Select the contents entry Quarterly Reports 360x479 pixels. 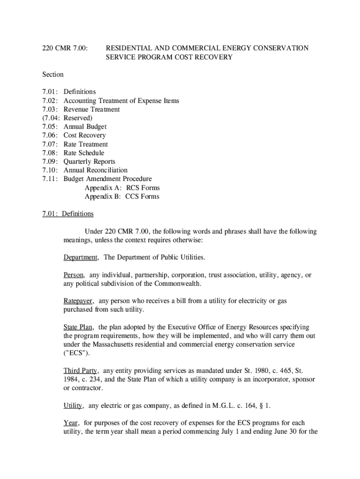point(89,161)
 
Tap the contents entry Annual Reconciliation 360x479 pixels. point(95,170)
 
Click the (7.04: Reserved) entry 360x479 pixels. point(67,118)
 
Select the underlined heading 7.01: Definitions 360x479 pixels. point(68,214)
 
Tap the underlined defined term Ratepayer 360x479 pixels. point(79,301)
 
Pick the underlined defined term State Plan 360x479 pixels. point(79,327)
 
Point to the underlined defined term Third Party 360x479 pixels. point(80,371)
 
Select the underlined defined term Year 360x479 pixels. point(71,423)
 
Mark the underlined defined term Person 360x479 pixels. point(74,275)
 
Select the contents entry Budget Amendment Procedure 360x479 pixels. point(108,179)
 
